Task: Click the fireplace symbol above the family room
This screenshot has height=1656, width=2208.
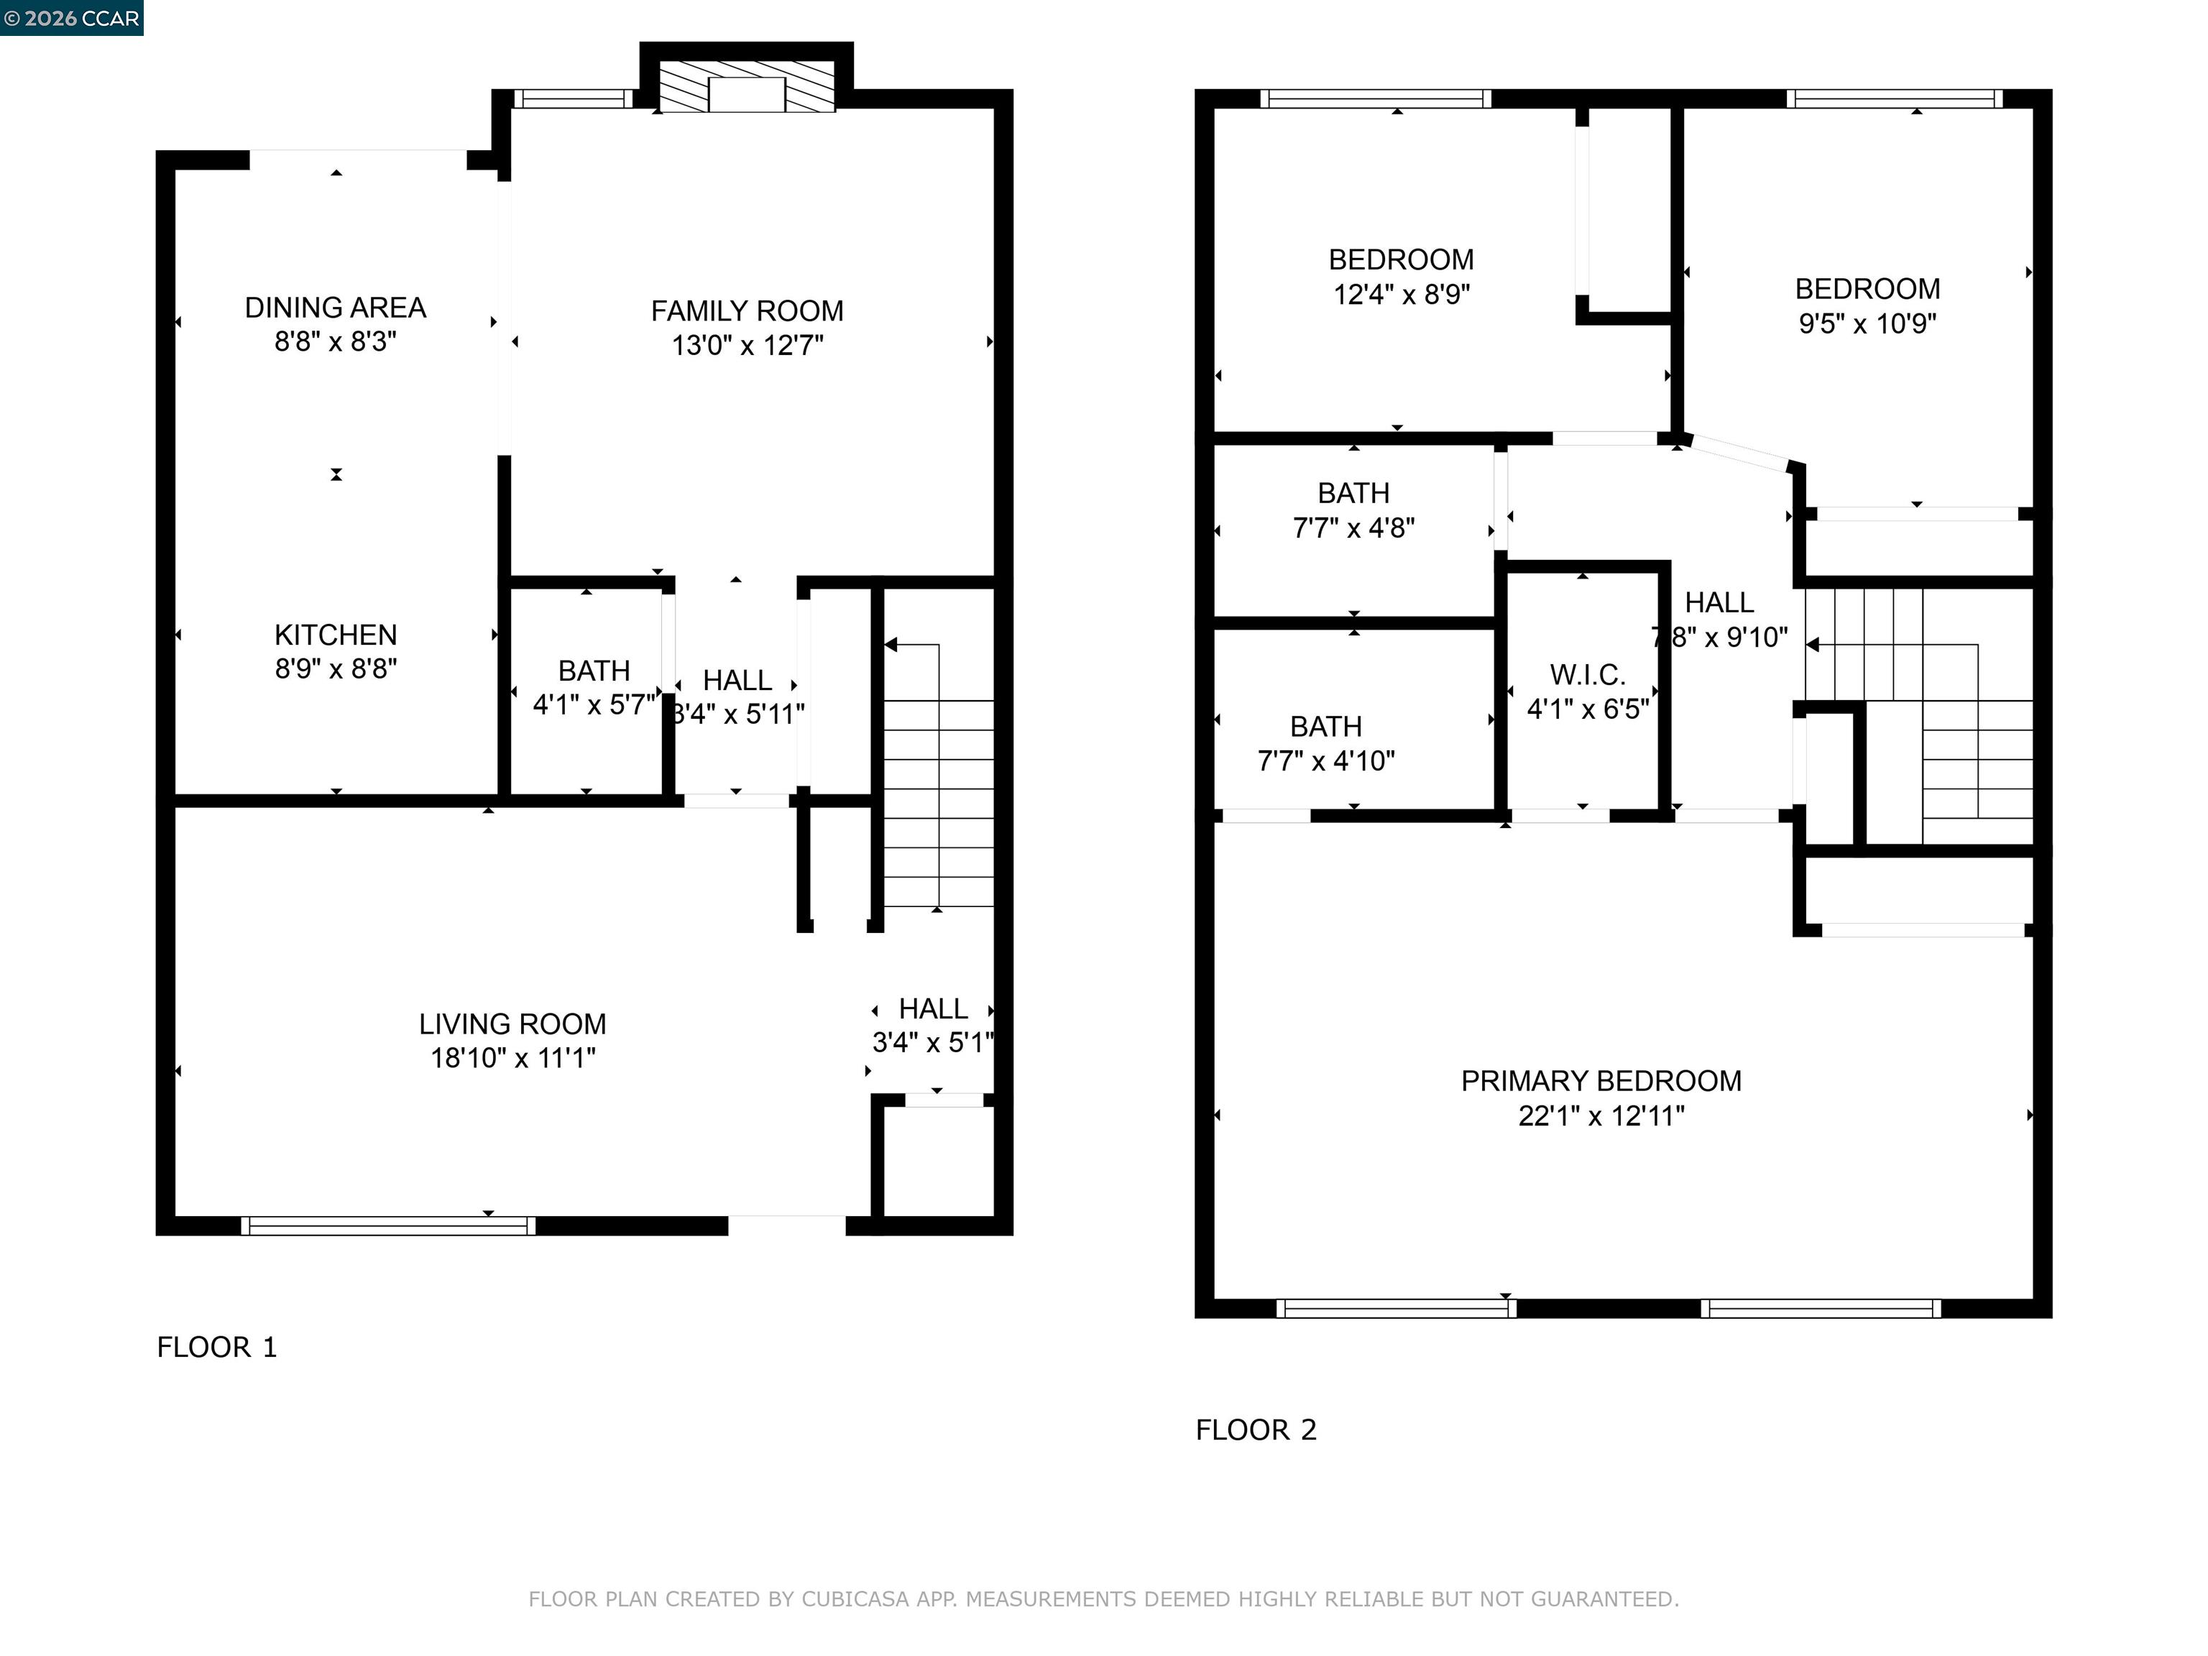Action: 747,87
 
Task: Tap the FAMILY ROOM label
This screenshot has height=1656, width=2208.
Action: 747,311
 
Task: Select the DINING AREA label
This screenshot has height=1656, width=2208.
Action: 336,308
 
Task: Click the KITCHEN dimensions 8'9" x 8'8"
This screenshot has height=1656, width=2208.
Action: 336,668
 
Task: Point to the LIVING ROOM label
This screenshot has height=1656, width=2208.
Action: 512,1024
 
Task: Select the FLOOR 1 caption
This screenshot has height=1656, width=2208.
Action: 216,1348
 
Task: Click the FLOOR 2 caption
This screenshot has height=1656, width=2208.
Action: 1256,1430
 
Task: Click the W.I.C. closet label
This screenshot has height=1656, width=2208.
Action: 1587,676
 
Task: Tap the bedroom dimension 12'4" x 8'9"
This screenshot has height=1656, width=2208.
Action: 1402,295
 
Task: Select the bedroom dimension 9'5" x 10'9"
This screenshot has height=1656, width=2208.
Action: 1867,323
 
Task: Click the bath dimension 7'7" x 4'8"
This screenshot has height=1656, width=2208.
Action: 1353,528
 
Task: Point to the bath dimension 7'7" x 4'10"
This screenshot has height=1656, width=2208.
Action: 1325,762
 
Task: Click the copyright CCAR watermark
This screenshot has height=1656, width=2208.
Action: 71,18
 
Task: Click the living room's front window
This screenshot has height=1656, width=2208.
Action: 388,1225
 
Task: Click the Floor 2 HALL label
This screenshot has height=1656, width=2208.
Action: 1719,603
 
